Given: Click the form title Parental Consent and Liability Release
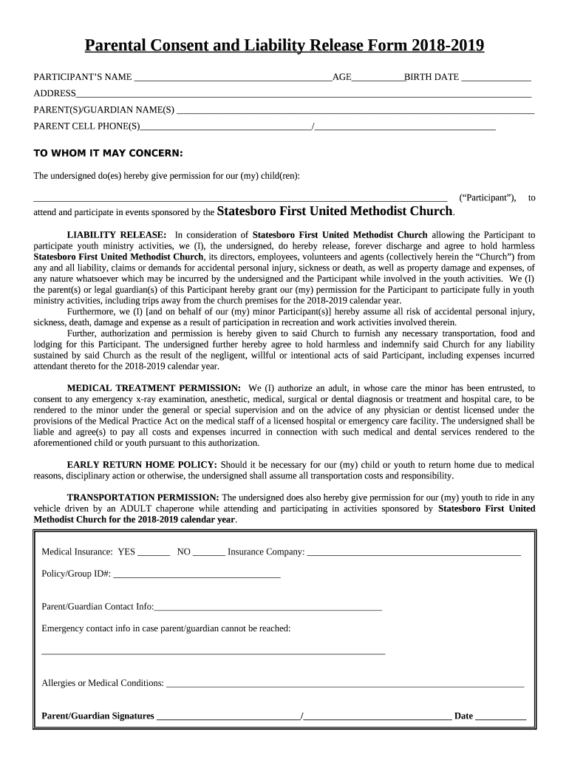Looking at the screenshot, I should click(284, 47).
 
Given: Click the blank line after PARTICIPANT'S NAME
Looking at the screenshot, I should click(233, 78).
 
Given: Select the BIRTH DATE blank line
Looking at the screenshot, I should click(496, 78).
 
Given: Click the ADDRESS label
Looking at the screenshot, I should click(55, 93).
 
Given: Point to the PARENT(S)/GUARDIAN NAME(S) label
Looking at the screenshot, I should click(104, 110).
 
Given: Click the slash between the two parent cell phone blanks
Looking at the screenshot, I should click(314, 126).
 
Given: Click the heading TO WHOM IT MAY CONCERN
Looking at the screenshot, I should click(109, 153).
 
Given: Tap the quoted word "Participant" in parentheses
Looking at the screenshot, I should click(488, 198).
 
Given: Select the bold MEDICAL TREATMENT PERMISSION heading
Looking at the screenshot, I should click(154, 388).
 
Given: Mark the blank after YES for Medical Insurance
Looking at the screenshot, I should click(154, 553).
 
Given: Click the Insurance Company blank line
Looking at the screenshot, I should click(414, 553).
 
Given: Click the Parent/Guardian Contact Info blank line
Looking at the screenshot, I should click(268, 608).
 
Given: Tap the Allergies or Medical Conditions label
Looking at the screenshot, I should click(103, 683).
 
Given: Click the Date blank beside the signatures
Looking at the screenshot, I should click(500, 716).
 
